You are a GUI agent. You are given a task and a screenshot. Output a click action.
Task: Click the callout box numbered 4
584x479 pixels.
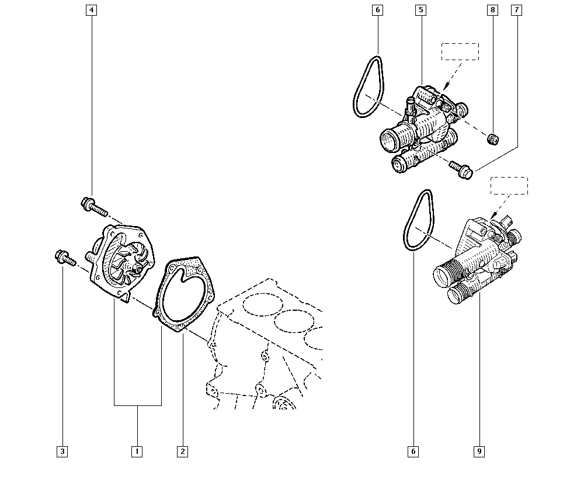[x=91, y=10]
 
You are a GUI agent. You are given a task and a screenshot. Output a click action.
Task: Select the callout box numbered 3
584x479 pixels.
[x=62, y=451]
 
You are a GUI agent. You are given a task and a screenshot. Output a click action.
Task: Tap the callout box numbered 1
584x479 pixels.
[x=137, y=451]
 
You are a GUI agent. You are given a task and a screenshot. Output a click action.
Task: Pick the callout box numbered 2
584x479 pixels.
[x=182, y=451]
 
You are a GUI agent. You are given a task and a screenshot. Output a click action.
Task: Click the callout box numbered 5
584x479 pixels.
[x=420, y=10]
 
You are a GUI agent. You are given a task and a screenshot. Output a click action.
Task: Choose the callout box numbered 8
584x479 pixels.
[x=493, y=10]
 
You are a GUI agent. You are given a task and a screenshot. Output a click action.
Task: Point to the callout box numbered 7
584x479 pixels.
[x=516, y=10]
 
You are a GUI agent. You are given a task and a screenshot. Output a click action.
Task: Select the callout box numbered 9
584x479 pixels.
[x=479, y=451]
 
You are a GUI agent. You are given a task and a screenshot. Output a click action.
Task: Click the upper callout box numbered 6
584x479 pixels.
[x=377, y=10]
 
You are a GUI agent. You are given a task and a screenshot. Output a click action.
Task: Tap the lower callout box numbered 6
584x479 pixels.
[x=413, y=451]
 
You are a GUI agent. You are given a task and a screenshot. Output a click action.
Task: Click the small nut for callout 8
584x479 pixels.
[x=493, y=138]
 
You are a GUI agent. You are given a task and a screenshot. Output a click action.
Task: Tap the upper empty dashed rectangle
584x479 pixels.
[x=460, y=51]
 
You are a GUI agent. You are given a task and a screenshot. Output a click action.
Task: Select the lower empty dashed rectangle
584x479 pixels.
[x=509, y=186]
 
